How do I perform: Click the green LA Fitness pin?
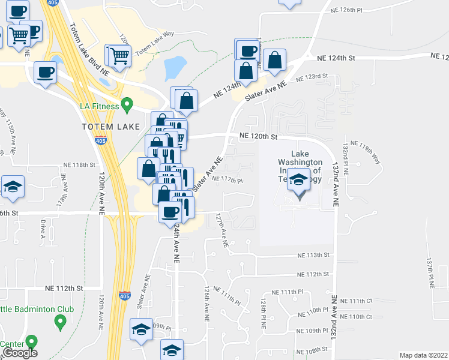pos(127,106)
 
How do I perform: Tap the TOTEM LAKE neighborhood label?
pos(110,127)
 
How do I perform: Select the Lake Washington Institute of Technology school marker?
pos(298,180)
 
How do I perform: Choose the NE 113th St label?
pos(314,255)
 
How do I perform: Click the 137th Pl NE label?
pos(430,273)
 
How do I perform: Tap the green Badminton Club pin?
pos(59,323)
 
